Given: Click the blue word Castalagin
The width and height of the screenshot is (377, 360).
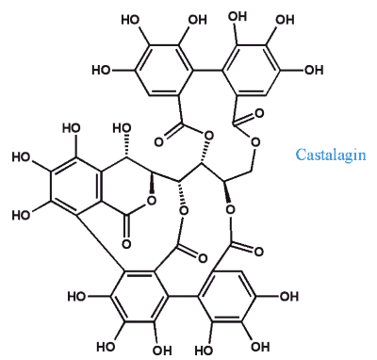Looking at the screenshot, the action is coord(331,155).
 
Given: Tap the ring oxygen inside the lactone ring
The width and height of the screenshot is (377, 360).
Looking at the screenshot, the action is coord(152,200).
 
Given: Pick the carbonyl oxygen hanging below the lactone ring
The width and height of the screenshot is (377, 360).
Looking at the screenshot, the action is coord(126,244).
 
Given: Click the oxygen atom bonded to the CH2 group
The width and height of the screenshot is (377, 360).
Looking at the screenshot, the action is coord(255,142).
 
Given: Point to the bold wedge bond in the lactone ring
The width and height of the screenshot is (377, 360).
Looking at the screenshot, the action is coord(152,184).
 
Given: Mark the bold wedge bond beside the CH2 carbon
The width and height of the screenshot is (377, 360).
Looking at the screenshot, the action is coord(228,192).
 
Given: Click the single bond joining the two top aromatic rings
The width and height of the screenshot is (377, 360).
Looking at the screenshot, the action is coord(207,70).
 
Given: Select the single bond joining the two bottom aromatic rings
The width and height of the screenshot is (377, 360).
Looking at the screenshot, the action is coord(183,296).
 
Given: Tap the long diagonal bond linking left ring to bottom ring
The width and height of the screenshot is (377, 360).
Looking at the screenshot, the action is coord(100,243).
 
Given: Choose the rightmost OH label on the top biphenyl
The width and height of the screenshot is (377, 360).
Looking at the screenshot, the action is coord(314,70).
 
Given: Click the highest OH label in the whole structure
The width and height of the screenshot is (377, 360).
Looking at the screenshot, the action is coord(238,16).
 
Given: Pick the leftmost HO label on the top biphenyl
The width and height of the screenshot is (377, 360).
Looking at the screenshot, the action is coord(101,70).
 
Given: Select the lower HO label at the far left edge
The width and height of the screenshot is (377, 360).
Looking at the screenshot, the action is coord(22,215).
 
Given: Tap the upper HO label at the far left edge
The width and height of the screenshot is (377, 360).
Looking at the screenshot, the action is coord(22,157).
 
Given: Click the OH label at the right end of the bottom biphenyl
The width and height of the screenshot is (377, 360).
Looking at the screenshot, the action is coord(288,296).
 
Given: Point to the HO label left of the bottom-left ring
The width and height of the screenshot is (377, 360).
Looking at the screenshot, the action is coord(77,296).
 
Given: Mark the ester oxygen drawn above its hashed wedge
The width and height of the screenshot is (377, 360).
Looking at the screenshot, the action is coord(207,137).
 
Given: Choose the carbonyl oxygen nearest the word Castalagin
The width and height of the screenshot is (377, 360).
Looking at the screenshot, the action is coord(259,113).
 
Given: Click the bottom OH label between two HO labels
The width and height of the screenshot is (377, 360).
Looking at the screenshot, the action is coord(162,350).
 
